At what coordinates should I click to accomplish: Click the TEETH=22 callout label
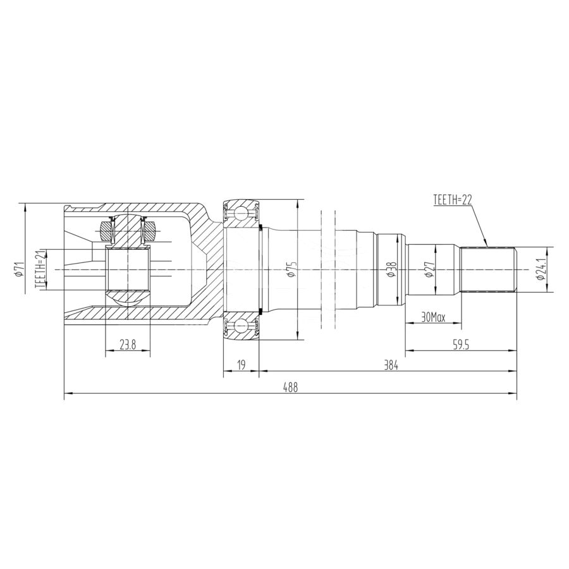pos(452,200)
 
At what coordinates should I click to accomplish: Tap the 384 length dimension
pos(391,365)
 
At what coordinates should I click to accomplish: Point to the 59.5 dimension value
pos(462,345)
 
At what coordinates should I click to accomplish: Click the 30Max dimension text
pos(433,318)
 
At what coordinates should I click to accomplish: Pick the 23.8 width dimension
pos(127,345)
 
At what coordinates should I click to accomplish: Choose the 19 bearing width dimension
pos(242,365)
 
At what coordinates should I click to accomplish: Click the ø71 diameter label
pos(18,269)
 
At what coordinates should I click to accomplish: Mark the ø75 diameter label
pos(291,269)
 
